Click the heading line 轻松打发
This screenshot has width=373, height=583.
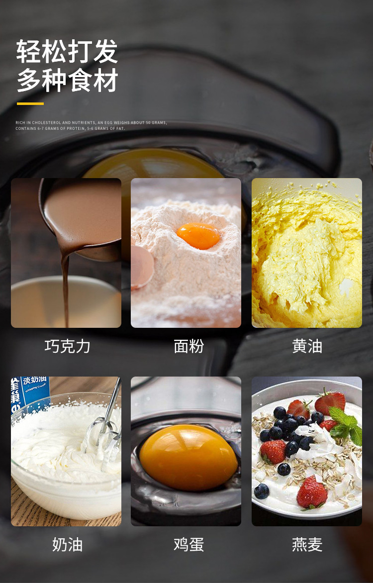(x=67, y=52)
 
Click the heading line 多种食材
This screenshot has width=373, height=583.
(x=67, y=81)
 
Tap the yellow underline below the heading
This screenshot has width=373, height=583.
(x=30, y=103)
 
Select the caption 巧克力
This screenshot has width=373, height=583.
(x=67, y=346)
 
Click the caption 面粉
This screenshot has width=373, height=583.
(x=188, y=346)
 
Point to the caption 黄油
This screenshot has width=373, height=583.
(x=307, y=346)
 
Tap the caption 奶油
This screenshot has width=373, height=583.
(x=67, y=544)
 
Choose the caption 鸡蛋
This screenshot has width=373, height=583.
(x=188, y=544)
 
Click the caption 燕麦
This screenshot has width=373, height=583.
(x=307, y=544)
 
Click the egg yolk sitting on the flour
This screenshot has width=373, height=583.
(x=198, y=235)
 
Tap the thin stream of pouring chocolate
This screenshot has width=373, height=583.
(x=65, y=289)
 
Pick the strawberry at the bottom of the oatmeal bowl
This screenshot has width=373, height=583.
(x=312, y=492)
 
